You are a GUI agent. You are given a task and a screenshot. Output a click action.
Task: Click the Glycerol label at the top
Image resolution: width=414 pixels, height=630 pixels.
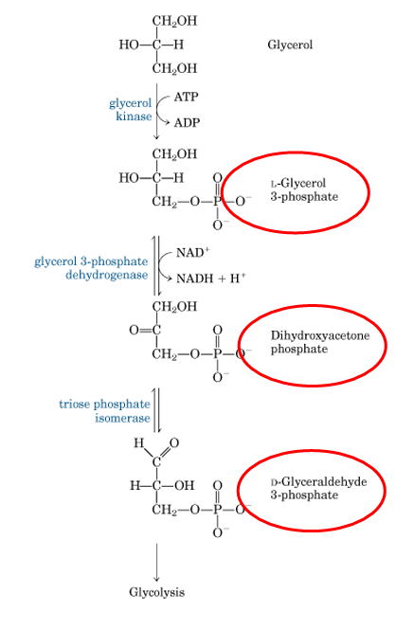pyautogui.click(x=290, y=45)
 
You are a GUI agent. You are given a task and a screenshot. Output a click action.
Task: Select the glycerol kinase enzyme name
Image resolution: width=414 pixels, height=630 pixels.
pyautogui.click(x=130, y=109)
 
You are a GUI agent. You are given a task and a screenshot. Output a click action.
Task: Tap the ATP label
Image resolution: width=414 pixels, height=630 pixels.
pyautogui.click(x=186, y=97)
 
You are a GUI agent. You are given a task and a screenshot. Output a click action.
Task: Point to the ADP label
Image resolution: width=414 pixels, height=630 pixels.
pyautogui.click(x=187, y=123)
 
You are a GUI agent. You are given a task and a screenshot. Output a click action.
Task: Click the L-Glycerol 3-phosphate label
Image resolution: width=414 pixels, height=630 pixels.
pyautogui.click(x=298, y=189)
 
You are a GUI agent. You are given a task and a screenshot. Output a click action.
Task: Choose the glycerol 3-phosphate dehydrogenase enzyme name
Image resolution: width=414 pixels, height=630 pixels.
pyautogui.click(x=92, y=268)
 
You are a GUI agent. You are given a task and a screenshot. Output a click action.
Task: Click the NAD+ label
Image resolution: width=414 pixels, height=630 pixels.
pyautogui.click(x=193, y=254)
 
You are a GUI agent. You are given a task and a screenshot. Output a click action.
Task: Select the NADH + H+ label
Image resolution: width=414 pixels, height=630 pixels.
pyautogui.click(x=210, y=279)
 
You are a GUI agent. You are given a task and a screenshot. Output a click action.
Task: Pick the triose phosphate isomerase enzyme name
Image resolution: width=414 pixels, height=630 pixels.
pyautogui.click(x=104, y=411)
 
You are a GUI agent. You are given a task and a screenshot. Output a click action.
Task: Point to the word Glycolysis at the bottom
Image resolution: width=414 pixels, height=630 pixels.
pyautogui.click(x=157, y=592)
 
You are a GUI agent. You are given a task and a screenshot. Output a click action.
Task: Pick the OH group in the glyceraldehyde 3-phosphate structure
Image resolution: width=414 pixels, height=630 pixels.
pyautogui.click(x=184, y=486)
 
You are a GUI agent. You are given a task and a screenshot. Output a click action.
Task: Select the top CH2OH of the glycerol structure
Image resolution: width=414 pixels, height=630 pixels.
pyautogui.click(x=174, y=21)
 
